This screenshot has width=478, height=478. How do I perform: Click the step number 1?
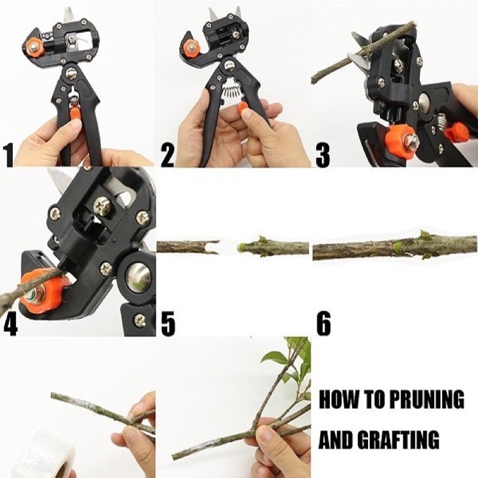coord(8,156)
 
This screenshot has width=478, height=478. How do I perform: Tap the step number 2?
coord(167,156)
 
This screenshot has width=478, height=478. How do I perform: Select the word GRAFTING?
coord(398,439)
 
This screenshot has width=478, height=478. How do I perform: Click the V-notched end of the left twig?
coord(213,247)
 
